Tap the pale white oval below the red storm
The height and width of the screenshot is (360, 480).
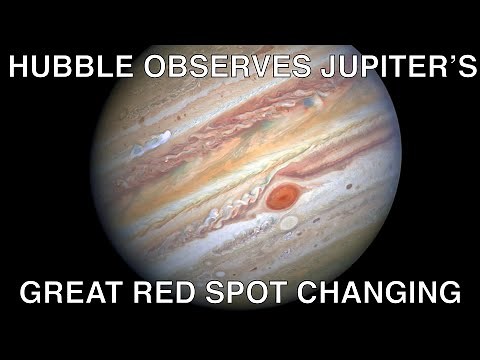[x=288, y=222]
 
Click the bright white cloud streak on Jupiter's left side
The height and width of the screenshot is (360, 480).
[x=150, y=145]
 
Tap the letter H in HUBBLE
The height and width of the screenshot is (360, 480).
[x=18, y=69]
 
